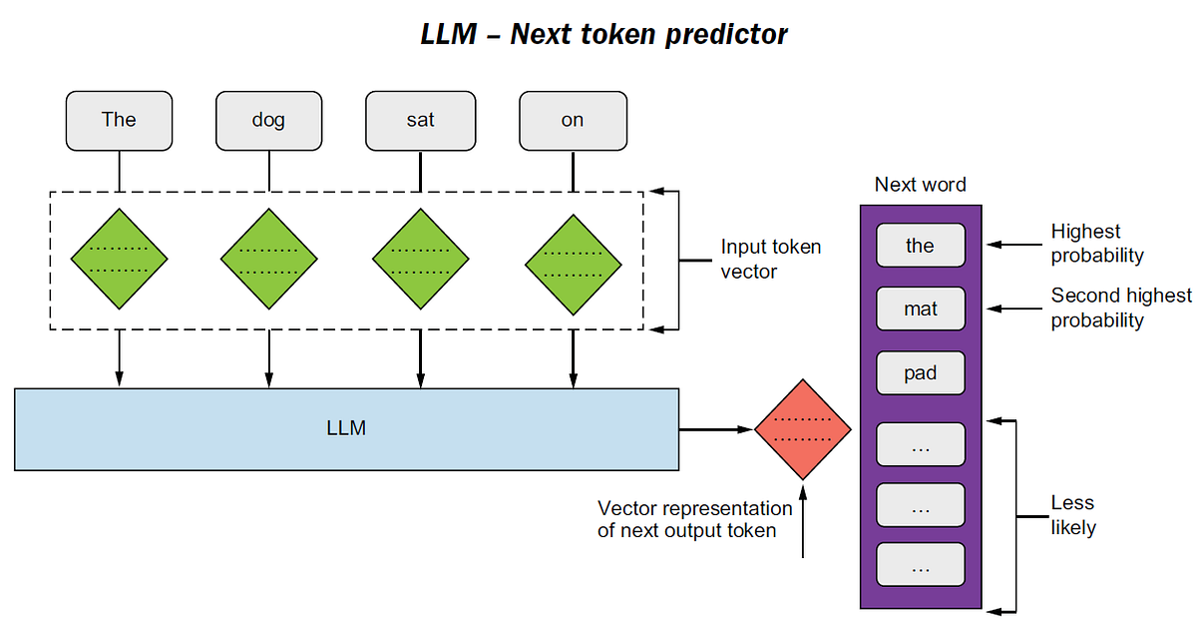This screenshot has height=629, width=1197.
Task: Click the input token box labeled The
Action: tap(119, 120)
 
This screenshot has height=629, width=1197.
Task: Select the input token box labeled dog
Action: tap(268, 120)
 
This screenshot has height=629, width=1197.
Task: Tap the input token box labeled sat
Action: tap(420, 120)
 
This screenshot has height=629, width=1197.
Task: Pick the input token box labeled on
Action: tap(573, 120)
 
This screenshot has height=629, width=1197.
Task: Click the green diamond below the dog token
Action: tap(268, 259)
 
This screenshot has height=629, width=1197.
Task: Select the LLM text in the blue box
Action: tap(346, 428)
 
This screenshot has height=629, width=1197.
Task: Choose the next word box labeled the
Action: tap(920, 246)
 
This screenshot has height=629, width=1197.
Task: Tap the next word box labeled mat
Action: tap(920, 310)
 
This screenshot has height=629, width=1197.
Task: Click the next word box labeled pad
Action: tap(920, 373)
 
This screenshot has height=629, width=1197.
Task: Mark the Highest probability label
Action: tap(1096, 243)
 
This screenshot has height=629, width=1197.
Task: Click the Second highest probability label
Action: tap(1120, 308)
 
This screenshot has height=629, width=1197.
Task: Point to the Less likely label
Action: tap(1072, 515)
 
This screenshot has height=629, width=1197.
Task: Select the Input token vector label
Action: tap(770, 259)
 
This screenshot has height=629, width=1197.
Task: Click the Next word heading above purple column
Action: tap(920, 185)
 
